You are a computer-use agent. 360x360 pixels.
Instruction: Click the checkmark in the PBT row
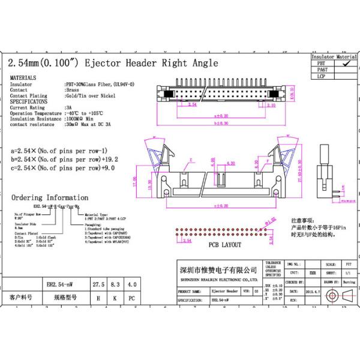click(x=344, y=62)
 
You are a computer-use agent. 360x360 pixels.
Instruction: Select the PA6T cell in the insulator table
click(x=322, y=70)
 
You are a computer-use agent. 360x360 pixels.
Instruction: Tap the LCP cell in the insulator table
click(x=322, y=77)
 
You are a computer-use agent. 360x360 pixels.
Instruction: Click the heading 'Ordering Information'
click(x=50, y=197)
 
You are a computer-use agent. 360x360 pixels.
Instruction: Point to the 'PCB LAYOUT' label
click(x=224, y=245)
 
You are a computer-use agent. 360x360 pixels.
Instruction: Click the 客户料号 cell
click(x=22, y=297)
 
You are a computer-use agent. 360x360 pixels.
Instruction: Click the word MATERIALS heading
click(x=23, y=78)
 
